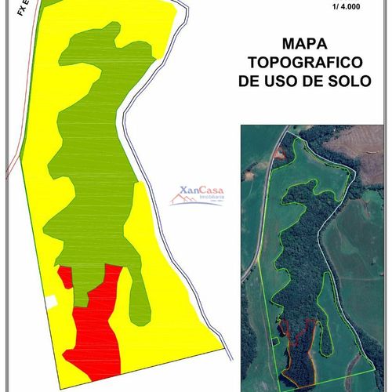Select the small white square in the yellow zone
click(x=50, y=301)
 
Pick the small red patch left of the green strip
click(x=64, y=277)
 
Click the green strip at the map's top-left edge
click(x=47, y=3)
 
